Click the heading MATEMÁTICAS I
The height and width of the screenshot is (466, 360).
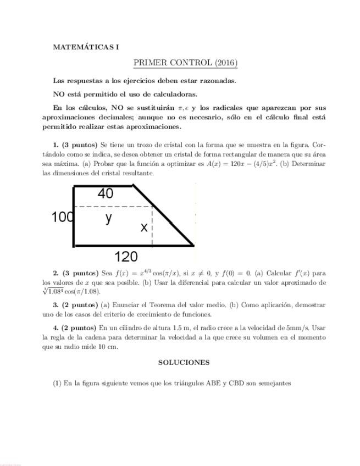(86, 47)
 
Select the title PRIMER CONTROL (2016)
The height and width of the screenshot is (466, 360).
(185, 63)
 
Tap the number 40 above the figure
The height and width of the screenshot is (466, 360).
(106, 193)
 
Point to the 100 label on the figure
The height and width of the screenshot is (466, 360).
(63, 217)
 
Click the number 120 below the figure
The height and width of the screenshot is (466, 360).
(126, 256)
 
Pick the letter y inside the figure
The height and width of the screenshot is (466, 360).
(109, 218)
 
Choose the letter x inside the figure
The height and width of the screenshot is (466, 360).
(144, 227)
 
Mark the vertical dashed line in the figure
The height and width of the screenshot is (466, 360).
(152, 231)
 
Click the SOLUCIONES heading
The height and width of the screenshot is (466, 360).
(184, 363)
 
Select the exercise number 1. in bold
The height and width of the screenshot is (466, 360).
(56, 145)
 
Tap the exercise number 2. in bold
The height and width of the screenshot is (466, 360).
(56, 273)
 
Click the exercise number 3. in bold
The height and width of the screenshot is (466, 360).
(56, 305)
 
